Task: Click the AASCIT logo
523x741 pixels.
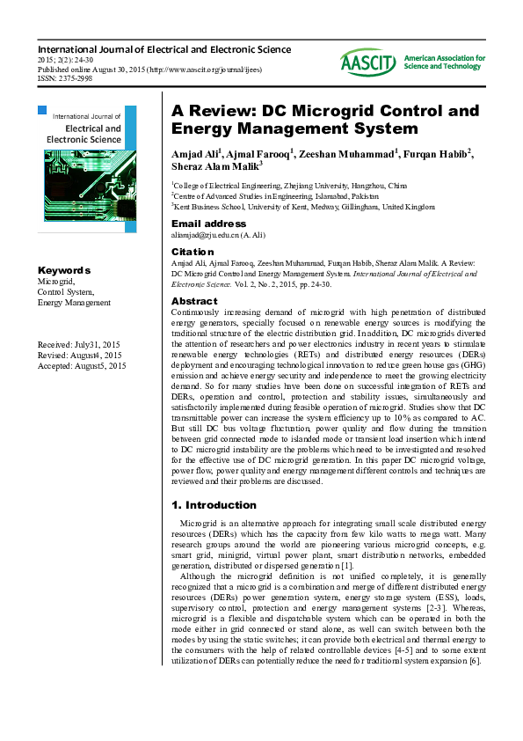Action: point(369,62)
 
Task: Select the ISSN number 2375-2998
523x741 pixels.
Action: point(74,77)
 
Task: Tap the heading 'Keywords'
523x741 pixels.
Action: point(64,270)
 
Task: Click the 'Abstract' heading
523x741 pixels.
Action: point(194,301)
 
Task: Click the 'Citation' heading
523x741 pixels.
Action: point(192,252)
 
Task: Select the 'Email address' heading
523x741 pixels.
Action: point(209,224)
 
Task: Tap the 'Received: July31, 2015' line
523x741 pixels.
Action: point(79,344)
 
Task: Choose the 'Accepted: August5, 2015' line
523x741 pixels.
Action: point(82,365)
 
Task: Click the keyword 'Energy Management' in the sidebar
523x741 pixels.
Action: point(74,302)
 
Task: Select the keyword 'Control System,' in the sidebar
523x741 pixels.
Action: point(66,291)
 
